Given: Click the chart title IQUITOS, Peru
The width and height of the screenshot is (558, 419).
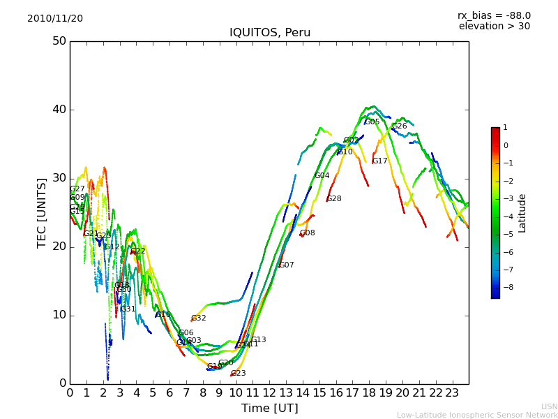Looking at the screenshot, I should coord(270,33).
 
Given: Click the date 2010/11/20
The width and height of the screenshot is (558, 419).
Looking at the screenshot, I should coord(55,18).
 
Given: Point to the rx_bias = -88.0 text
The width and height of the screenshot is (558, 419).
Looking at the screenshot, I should coord(494,15).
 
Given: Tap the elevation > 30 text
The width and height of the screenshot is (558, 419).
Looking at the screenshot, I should coord(494,27).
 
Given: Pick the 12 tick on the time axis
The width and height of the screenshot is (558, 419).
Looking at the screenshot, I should coord(269,392).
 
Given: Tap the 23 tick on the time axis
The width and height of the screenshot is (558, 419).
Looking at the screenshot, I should coord(452,392).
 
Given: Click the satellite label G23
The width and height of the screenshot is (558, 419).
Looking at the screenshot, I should coord(239,374).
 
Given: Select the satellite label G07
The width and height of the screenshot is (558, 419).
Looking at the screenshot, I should coord(287,265).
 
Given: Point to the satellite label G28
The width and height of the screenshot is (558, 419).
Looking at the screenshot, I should coord(334,199).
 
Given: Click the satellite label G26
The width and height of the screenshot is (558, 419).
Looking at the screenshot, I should coord(400,126).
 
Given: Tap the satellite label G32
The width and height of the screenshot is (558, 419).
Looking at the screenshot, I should coord(199,318).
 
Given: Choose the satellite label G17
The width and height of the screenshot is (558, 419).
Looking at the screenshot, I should coord(379,161).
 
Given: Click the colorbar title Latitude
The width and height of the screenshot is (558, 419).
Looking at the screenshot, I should coord(522,213).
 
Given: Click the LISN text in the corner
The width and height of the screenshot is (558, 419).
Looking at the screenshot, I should coord(549,406).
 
